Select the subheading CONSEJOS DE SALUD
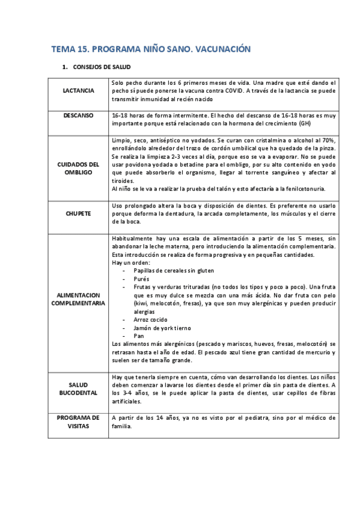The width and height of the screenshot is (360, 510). [102, 67]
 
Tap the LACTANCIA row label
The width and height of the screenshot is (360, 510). [79, 91]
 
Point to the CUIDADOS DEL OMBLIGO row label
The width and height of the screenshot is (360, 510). [79, 168]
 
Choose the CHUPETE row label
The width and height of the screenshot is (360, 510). [79, 214]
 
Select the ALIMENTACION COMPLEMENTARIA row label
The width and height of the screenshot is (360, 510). [79, 300]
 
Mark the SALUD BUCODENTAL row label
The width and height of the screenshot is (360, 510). [79, 389]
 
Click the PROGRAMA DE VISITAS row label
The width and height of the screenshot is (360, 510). [79, 422]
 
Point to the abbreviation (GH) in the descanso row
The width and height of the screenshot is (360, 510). [306, 124]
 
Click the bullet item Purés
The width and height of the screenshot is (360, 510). [142, 280]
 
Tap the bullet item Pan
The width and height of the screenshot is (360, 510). [139, 336]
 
